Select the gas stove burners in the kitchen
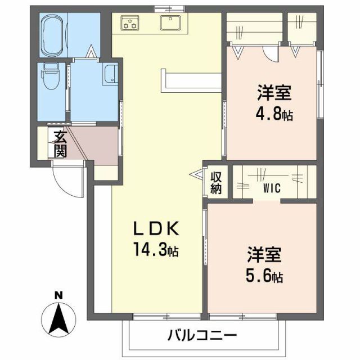point(131,23)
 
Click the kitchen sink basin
point(169,22)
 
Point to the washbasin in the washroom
point(111,74)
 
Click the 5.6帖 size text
point(264,276)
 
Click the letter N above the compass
point(58,295)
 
